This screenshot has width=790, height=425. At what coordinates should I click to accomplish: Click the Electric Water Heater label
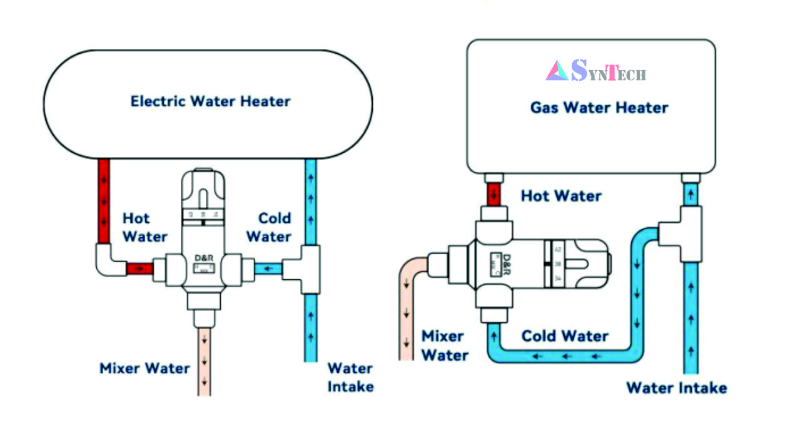[210, 101]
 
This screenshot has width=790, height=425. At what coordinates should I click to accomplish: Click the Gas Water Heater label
[599, 107]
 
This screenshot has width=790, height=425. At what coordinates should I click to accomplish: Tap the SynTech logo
[595, 70]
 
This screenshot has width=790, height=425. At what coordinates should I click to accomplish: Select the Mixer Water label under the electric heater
[144, 368]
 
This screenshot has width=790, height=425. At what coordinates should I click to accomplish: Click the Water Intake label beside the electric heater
[350, 377]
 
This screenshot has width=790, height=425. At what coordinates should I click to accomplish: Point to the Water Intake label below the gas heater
[676, 387]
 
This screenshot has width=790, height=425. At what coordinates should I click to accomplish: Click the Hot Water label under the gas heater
[561, 195]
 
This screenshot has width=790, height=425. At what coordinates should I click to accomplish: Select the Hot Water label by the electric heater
[144, 227]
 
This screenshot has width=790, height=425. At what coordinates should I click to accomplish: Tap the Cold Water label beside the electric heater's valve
[268, 227]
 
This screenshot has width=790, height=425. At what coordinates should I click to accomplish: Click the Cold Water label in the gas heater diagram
[565, 335]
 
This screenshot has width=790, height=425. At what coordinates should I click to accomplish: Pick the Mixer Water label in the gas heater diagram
[444, 345]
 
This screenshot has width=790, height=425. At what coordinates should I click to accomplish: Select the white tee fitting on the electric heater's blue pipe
[306, 269]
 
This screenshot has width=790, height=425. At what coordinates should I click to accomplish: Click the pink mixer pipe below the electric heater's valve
[204, 363]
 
